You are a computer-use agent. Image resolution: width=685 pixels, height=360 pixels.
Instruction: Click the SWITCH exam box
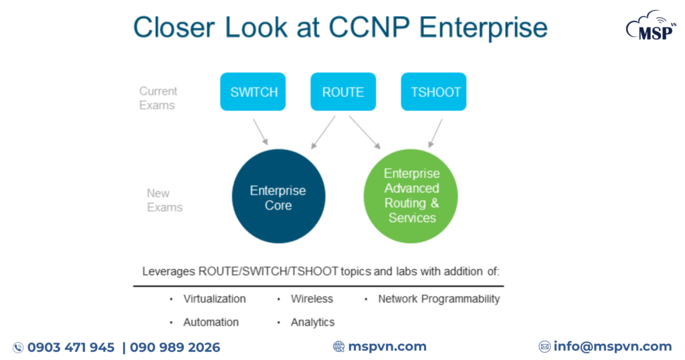pos(253,92)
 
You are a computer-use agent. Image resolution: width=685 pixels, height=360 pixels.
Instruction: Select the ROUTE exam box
pos(343,92)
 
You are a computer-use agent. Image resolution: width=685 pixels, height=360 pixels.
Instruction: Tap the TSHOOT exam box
pos(433,92)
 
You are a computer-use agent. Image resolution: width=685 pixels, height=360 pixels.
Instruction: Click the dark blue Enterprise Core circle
pos(278,198)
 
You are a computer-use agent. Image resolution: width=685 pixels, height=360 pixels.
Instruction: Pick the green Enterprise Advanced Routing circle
pos(411,196)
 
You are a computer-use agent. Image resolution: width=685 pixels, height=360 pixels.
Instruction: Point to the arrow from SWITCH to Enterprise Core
pos(260,131)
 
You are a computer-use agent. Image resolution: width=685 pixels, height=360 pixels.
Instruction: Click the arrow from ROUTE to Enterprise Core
pos(323,132)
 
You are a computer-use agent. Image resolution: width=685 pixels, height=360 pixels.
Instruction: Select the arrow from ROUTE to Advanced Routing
pos(364,132)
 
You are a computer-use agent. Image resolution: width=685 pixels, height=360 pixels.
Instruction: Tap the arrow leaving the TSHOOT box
pos(435,132)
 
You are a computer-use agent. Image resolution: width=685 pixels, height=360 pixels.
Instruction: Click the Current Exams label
pos(158,98)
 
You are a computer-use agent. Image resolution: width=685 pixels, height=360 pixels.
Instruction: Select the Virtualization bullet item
pos(214,299)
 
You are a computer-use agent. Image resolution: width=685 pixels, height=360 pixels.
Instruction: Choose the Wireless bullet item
pos(312,299)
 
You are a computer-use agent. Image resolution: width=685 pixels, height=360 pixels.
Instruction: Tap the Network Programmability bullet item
pos(439,299)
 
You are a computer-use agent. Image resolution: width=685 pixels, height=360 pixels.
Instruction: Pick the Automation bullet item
pos(211,323)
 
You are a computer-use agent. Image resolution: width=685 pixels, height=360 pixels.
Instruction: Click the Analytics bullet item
pos(312,323)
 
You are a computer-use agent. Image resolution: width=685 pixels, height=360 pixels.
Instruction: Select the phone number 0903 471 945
pos(71,347)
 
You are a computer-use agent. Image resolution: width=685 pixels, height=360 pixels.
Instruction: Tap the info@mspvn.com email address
pos(612,347)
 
